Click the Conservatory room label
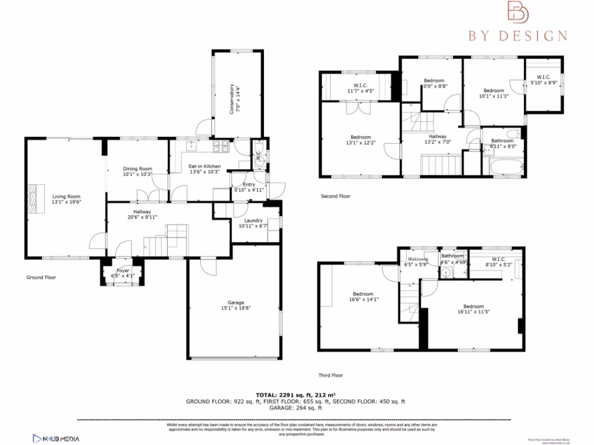pyautogui.click(x=231, y=99)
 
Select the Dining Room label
pyautogui.click(x=137, y=169)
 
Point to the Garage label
pyautogui.click(x=235, y=302)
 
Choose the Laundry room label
pyautogui.click(x=253, y=220)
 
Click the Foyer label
pyautogui.click(x=123, y=271)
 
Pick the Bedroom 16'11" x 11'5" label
pyautogui.click(x=473, y=307)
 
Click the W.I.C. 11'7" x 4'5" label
pyautogui.click(x=360, y=85)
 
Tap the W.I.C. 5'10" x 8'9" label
pyautogui.click(x=544, y=77)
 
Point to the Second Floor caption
pyautogui.click(x=336, y=196)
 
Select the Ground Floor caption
pyautogui.click(x=41, y=278)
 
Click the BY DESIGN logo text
pyautogui.click(x=518, y=36)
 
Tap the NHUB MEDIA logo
pyautogui.click(x=56, y=439)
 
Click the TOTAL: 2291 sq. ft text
pyautogui.click(x=295, y=395)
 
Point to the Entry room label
pyautogui.click(x=248, y=185)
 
